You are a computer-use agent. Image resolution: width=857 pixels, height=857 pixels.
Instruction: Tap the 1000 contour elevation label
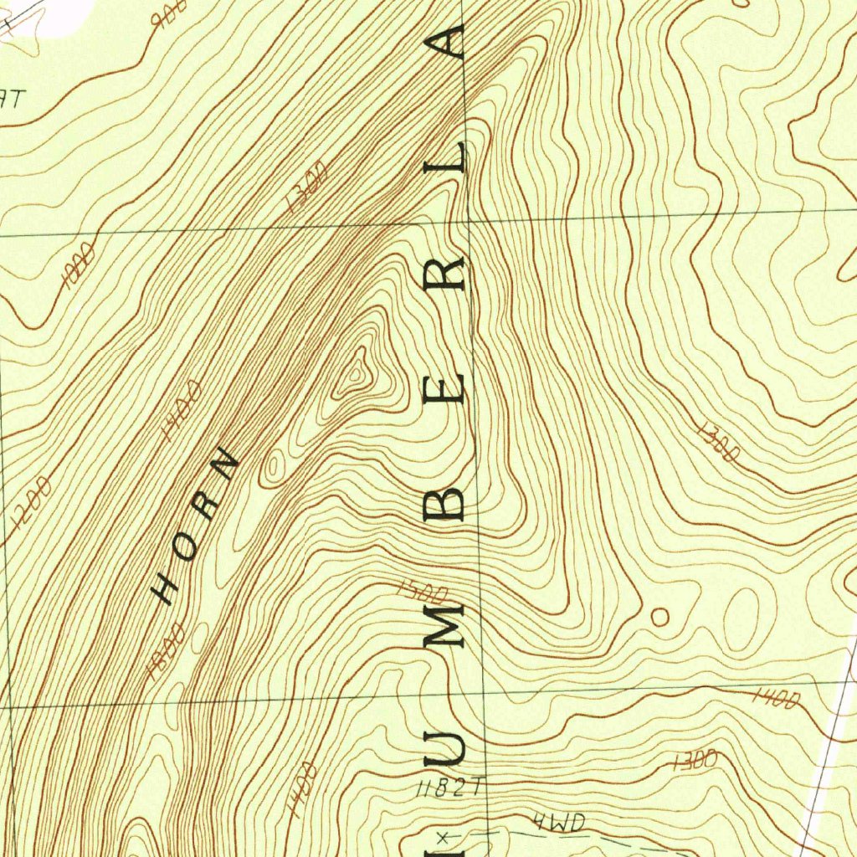(79, 264)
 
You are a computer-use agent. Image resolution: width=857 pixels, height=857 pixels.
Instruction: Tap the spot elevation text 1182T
(449, 788)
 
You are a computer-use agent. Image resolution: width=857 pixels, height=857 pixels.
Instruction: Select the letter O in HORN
(187, 544)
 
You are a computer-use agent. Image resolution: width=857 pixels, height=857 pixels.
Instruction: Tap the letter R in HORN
(207, 502)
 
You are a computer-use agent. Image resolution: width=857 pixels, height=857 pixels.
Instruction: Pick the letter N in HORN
(227, 463)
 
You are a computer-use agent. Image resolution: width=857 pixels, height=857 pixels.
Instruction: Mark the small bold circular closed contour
(659, 618)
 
